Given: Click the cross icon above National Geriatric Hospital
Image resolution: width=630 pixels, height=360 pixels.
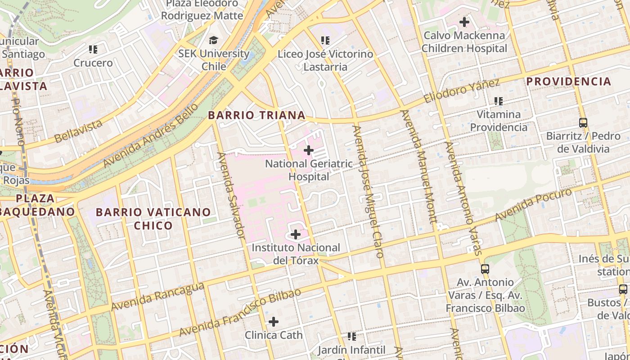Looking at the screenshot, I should [309, 150].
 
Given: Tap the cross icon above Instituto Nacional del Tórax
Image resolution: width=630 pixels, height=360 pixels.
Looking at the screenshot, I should [296, 234].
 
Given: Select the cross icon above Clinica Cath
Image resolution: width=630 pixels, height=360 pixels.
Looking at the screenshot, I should [273, 322].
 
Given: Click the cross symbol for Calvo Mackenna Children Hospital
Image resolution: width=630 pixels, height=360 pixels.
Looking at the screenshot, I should [464, 22].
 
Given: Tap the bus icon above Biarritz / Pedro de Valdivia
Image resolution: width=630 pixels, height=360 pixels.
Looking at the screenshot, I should [583, 122].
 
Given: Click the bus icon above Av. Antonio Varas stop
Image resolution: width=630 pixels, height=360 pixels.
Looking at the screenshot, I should [485, 269].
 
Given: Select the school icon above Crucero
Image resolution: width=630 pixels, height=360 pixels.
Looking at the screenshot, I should [93, 49].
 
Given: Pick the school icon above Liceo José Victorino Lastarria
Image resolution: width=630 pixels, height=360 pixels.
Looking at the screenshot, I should [325, 40].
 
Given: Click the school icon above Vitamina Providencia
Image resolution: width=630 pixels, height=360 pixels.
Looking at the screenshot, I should [498, 101].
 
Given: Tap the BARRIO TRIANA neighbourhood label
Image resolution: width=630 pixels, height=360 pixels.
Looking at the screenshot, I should [256, 115].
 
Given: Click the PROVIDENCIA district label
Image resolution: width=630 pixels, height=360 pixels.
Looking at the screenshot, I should [569, 81].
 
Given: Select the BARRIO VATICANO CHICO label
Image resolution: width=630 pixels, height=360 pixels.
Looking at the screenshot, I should [153, 218].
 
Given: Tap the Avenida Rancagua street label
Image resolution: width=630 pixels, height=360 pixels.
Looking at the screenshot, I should [157, 297].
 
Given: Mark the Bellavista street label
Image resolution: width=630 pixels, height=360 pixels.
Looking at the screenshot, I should [78, 131].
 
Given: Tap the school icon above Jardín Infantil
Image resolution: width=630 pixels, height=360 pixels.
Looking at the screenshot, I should [352, 336].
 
